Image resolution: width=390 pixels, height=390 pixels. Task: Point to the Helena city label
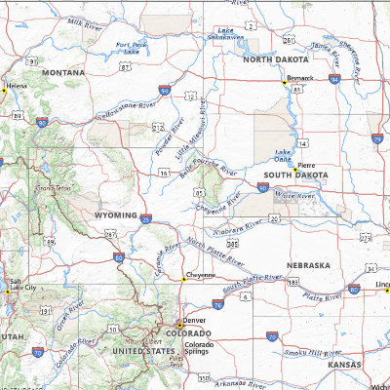[x=17, y=86]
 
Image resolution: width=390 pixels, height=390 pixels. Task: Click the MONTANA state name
[x=62, y=72]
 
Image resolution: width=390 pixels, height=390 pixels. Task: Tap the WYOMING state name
[x=115, y=214]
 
